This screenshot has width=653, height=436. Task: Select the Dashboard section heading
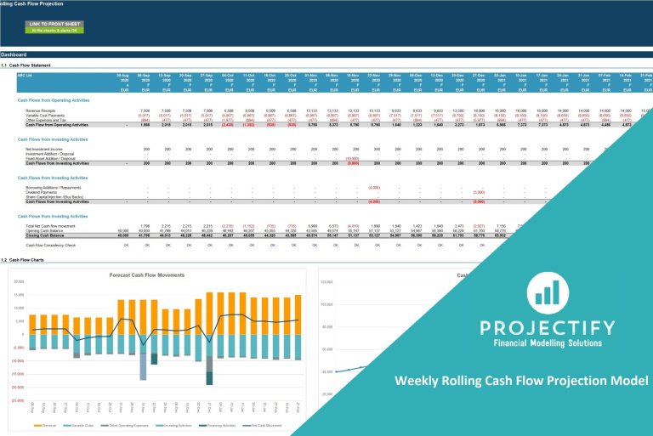(x=14, y=54)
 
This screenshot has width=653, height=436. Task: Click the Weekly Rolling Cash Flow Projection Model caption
(x=521, y=380)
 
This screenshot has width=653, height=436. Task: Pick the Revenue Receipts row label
(x=43, y=110)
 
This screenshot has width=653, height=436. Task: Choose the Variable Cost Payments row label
(x=47, y=115)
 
